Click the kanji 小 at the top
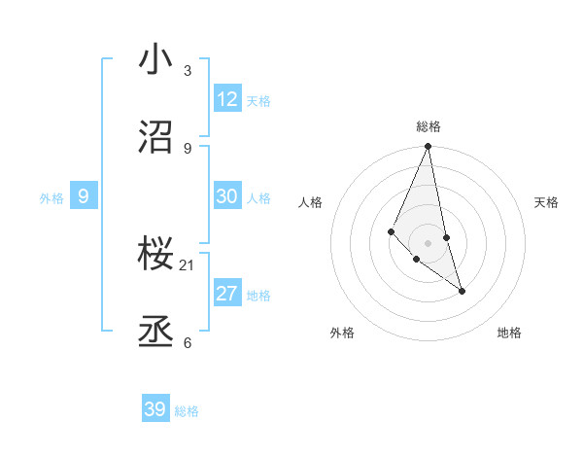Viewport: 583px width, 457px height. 155,59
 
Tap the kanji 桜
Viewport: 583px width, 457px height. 155,255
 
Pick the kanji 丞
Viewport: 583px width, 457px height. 155,332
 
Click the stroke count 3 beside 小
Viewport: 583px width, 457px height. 188,70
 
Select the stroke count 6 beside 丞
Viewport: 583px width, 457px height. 188,342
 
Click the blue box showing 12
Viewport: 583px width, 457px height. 227,99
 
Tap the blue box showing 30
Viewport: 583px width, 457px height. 227,196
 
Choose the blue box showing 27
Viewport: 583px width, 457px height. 227,294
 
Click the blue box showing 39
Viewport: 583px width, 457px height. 155,409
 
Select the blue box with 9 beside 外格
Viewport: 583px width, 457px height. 84,196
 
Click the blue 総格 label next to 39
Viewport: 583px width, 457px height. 187,411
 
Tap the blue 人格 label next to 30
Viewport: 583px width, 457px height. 258,198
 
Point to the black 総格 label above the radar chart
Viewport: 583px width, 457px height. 429,126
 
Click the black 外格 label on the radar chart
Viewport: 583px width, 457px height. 342,333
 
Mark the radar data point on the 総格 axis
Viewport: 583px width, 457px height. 429,147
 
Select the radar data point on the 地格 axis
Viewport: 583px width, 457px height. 462,291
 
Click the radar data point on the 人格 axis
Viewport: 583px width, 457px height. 391,231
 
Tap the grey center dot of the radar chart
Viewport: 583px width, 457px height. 429,242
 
